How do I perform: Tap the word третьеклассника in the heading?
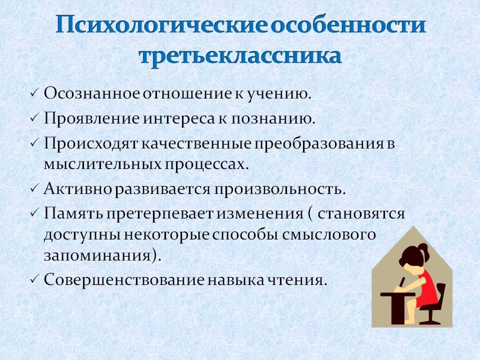(x=240, y=55)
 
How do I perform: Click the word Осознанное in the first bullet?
(x=91, y=93)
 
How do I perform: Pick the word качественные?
(x=196, y=143)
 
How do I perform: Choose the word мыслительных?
(x=103, y=164)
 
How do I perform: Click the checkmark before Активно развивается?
(x=34, y=189)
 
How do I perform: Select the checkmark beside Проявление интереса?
(x=34, y=118)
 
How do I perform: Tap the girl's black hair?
(x=411, y=254)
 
